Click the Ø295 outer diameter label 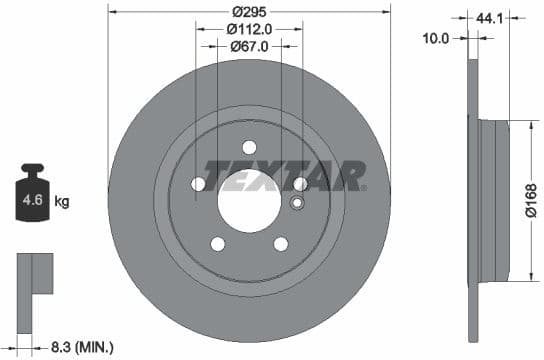point(248,11)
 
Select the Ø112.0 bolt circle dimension point(248,29)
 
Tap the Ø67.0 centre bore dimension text point(248,46)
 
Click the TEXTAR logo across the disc point(284,176)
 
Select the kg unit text point(62,201)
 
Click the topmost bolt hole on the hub point(249,147)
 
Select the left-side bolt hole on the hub point(199,184)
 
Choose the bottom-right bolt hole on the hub point(280,242)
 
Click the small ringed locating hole point(295,204)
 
